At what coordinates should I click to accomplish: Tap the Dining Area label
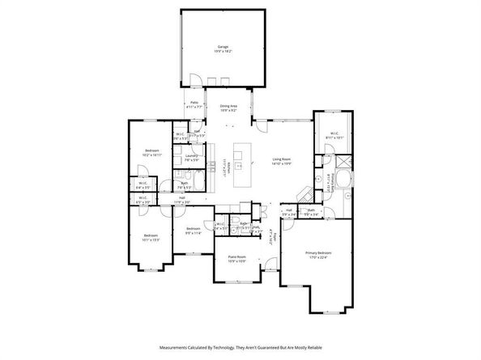pos(228,106)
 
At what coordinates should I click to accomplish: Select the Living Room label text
pos(282,159)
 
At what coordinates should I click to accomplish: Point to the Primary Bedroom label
pos(318,252)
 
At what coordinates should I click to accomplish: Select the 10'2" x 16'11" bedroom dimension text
pos(153,155)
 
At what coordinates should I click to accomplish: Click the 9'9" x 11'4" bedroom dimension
pos(193,233)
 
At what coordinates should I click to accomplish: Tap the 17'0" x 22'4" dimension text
pos(318,258)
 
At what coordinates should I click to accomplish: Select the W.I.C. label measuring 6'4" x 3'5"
pos(144,185)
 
